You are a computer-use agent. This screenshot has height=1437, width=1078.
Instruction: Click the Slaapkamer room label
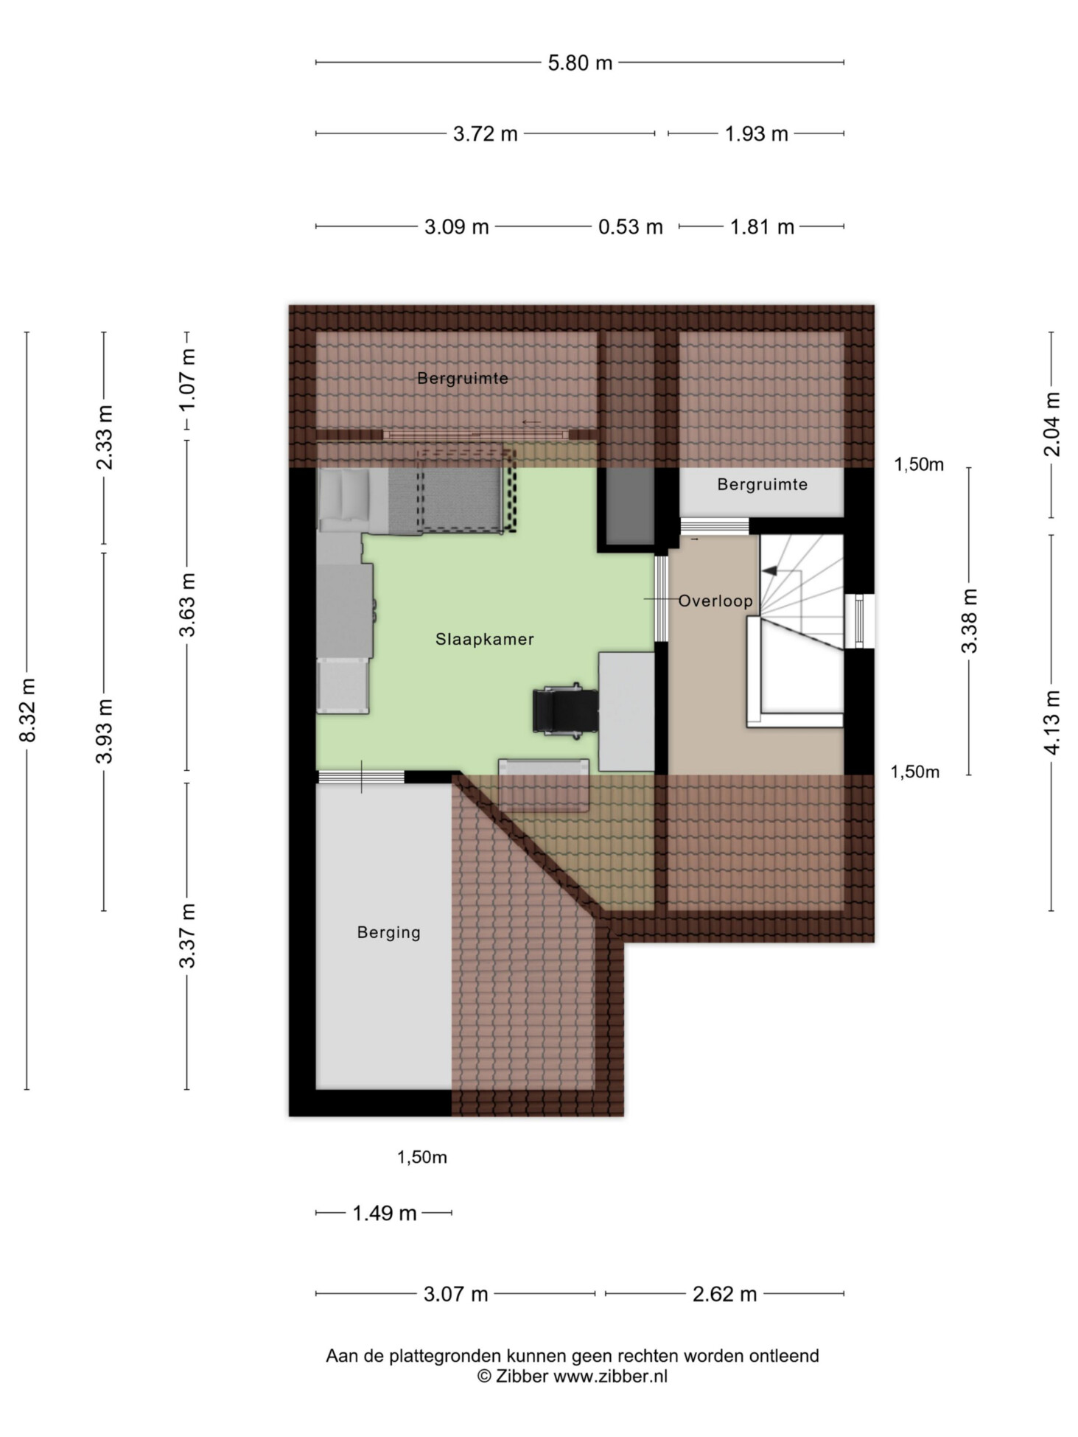pos(484,639)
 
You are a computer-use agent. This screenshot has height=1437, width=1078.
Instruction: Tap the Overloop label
pos(715,601)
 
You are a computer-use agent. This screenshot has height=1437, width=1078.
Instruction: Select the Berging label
pos(388,932)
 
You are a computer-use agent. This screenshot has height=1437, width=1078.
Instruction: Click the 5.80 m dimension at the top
pos(580,63)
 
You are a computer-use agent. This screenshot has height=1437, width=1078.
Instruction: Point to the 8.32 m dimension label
pos(27,710)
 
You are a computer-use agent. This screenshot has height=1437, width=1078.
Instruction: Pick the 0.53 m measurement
pos(630,226)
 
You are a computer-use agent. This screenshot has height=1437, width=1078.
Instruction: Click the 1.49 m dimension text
pos(384,1213)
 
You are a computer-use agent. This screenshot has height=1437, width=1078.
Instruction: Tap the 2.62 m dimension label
pos(724,1294)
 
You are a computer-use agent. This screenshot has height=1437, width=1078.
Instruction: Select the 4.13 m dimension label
pos(1051,722)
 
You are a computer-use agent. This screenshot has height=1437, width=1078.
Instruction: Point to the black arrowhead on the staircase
pos(769,570)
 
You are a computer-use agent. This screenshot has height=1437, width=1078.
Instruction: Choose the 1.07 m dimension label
pos(187,380)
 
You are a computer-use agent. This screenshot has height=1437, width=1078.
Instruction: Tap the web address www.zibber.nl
pos(610,1376)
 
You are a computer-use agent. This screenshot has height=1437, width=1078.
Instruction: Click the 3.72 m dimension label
pos(485,134)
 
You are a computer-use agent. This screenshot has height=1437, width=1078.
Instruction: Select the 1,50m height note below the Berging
pos(421,1157)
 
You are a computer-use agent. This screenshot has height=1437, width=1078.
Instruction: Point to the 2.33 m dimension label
pos(104,437)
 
